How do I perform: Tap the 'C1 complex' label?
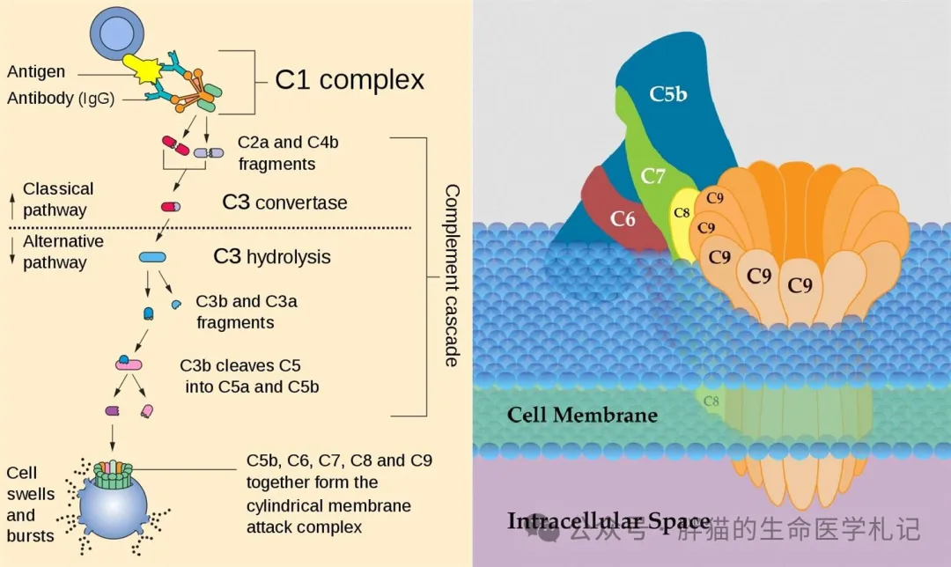[x=350, y=80]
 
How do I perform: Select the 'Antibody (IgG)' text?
[x=61, y=99]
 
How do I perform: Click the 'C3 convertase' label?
[x=284, y=202]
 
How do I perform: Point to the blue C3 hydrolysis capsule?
[x=152, y=257]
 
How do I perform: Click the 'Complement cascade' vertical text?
[x=452, y=276]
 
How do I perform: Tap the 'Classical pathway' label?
[x=58, y=200]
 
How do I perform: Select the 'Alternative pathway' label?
[x=63, y=252]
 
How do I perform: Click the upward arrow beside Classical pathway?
[x=12, y=206]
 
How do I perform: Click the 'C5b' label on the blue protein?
[x=667, y=94]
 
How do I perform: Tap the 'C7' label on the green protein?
[x=652, y=176]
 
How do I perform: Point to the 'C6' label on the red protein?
[x=623, y=218]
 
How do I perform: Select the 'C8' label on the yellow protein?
[x=682, y=212]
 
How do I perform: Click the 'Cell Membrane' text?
[x=582, y=415]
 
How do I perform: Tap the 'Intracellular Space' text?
[x=609, y=521]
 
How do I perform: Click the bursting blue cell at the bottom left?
[x=114, y=506]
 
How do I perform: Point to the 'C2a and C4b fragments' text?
[x=288, y=153]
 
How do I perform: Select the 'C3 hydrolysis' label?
[x=272, y=256]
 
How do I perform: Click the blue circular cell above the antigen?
[x=117, y=34]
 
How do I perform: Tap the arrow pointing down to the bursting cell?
[x=113, y=438]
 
